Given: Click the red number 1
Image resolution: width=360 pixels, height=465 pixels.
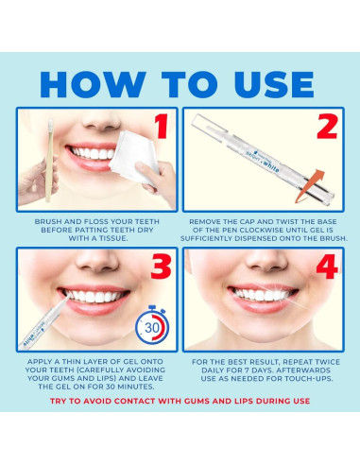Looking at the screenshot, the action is (x=163, y=126).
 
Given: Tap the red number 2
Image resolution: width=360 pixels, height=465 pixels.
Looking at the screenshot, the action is (x=328, y=126).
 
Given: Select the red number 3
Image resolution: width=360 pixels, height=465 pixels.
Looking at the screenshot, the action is (x=161, y=267).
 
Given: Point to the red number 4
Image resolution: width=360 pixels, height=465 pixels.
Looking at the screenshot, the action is (x=327, y=267).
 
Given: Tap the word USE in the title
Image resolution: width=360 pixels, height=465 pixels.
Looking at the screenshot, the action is (x=275, y=84).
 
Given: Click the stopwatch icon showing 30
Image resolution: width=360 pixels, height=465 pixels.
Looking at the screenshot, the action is (x=152, y=325).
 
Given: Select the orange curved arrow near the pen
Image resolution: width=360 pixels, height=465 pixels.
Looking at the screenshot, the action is (x=310, y=185).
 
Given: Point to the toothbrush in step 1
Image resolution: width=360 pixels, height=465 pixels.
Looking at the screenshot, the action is (x=49, y=160).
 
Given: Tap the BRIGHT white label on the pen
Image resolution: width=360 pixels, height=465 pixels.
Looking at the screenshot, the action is (x=262, y=162).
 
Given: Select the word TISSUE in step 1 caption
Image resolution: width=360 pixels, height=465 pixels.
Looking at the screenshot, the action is (x=114, y=238).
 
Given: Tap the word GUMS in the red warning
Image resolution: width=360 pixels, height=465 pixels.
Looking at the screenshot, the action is (x=197, y=401).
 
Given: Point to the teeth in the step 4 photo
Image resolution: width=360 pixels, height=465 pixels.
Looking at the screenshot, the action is (x=262, y=295).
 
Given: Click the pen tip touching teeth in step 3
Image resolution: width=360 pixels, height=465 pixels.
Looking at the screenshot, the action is (x=68, y=297).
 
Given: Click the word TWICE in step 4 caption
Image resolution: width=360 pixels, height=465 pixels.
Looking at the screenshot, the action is (x=325, y=362).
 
